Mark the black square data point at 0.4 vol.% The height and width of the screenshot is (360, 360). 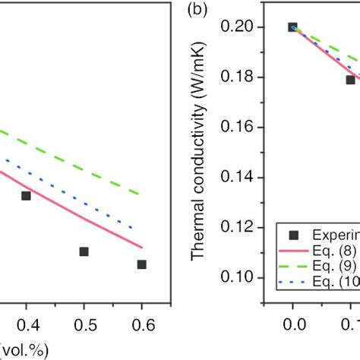(26, 196)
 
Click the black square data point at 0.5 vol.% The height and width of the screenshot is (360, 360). (84, 251)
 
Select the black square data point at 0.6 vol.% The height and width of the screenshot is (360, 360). (141, 264)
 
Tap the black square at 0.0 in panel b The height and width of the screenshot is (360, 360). (292, 27)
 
